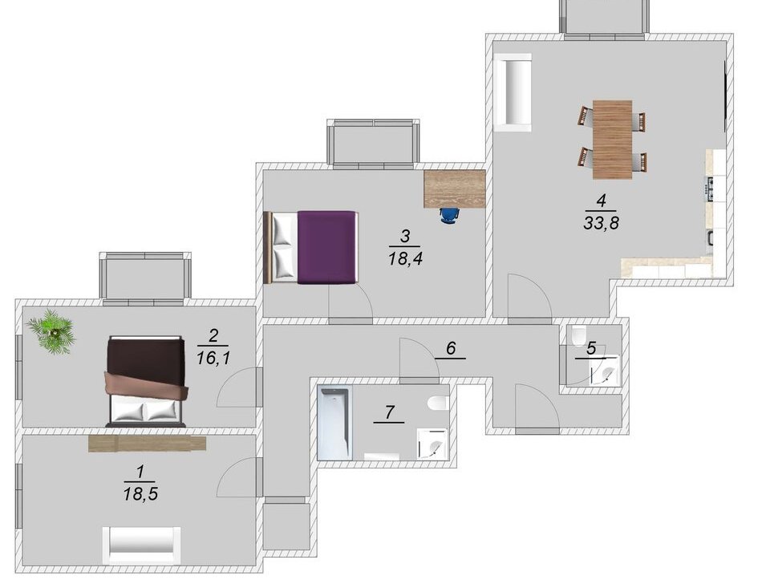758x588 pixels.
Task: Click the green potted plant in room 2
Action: tap(51, 332)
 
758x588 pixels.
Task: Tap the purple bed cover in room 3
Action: tap(327, 247)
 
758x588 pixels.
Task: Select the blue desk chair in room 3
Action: tap(449, 215)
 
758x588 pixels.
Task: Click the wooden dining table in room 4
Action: tap(612, 140)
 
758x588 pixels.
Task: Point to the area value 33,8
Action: tap(602, 223)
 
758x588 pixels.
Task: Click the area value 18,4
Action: tap(405, 258)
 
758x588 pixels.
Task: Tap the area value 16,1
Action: tap(213, 359)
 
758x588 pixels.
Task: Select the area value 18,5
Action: tap(140, 494)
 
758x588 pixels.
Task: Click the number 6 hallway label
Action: tap(451, 347)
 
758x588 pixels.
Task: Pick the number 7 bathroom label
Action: tap(389, 412)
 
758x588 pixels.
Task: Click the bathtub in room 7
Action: tap(333, 423)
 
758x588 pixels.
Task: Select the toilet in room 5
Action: tap(578, 336)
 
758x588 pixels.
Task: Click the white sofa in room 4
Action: tap(513, 92)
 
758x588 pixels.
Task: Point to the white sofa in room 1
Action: tap(141, 545)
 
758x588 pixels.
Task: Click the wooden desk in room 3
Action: tap(455, 189)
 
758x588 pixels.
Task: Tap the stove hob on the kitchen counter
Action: tap(710, 189)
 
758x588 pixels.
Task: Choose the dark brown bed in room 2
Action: tap(145, 382)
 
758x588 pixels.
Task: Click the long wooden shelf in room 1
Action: tap(147, 444)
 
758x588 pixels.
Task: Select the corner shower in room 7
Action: tap(432, 444)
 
